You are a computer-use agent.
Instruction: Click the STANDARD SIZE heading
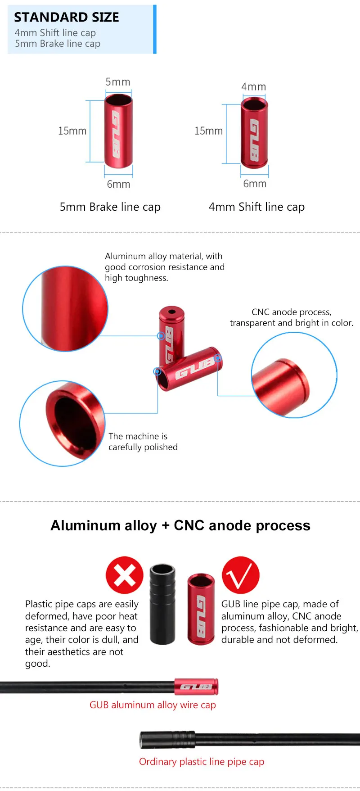[67, 17]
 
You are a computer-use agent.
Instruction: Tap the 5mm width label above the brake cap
[118, 82]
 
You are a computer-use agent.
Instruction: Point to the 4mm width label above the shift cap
[254, 86]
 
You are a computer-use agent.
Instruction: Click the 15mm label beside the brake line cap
[72, 131]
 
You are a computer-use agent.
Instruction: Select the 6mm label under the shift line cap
[255, 184]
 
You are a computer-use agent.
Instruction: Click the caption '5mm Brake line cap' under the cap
[110, 207]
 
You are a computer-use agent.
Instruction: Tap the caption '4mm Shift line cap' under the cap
[256, 207]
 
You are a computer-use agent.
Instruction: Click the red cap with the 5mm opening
[118, 131]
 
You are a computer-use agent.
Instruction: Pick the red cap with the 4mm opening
[254, 133]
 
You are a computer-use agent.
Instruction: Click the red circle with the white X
[125, 575]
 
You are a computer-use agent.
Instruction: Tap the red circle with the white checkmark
[241, 575]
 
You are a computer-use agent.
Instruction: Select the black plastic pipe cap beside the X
[162, 603]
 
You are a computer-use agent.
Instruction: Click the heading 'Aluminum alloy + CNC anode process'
[180, 525]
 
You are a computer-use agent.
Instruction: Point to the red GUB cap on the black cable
[196, 687]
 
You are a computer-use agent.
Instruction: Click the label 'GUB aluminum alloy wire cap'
[153, 705]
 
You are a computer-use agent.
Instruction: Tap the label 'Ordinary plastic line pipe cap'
[202, 762]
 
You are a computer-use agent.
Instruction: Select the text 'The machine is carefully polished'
[143, 442]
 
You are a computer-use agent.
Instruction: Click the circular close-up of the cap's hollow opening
[62, 423]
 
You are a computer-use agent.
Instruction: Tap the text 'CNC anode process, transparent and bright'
[291, 317]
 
